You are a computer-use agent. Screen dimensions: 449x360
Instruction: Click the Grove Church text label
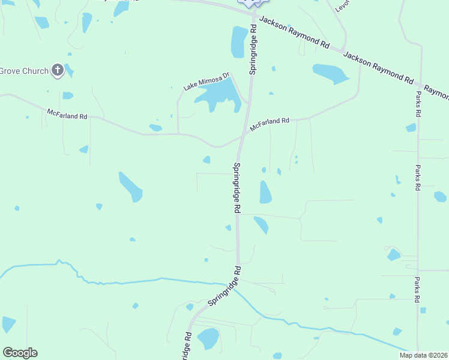point(24,71)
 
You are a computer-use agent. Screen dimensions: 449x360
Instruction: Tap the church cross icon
point(58,71)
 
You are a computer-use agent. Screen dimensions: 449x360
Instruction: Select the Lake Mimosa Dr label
point(207,82)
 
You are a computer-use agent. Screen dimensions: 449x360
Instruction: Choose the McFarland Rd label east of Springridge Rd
point(270,122)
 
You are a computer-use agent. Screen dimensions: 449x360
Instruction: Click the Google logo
point(20,353)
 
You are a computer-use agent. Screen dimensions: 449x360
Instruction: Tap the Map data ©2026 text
point(423,355)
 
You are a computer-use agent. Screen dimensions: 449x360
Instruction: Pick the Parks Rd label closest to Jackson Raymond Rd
point(417,104)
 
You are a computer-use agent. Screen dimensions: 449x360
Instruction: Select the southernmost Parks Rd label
point(417,289)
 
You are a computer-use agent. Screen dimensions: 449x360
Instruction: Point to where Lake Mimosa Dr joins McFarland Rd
point(178,134)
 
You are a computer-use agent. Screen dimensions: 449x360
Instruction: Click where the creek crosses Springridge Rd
point(235,286)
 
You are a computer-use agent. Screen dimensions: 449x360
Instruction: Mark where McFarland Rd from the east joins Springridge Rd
point(243,136)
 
